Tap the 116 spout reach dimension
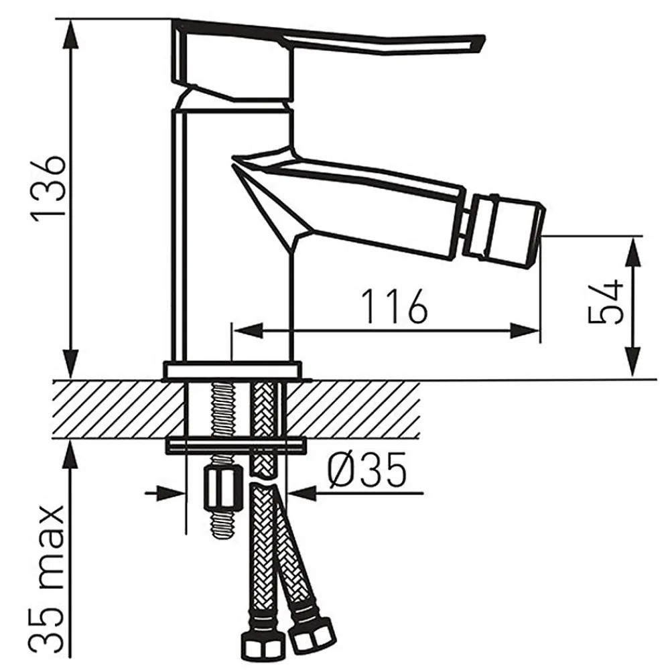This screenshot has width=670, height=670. coord(395,306)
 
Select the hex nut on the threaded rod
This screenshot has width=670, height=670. coord(221,488)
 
